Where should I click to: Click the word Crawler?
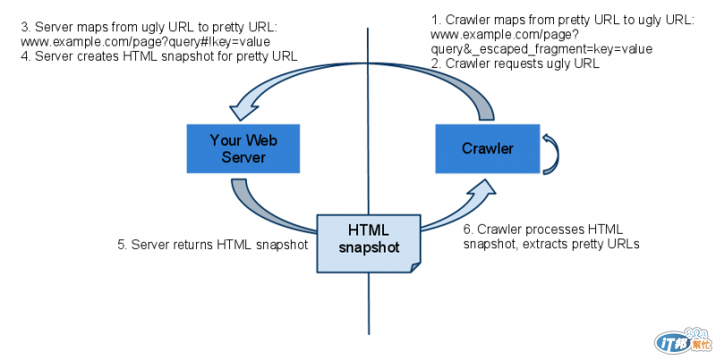pos(487,149)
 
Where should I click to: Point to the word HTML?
pos(369,228)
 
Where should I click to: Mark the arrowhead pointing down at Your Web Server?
pos(242,111)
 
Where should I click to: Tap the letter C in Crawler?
pos(466,149)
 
